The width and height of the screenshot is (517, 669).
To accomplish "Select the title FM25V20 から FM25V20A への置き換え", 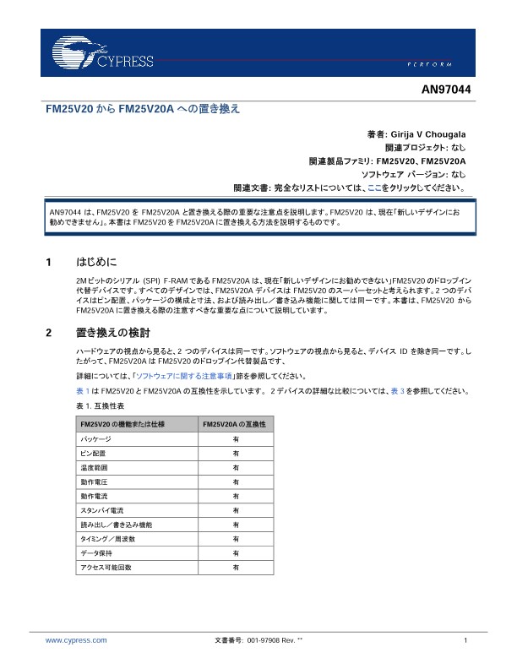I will click(x=143, y=110).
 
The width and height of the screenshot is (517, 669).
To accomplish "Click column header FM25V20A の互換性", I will click(x=235, y=424).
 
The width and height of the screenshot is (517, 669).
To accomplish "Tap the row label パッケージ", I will click(x=95, y=439).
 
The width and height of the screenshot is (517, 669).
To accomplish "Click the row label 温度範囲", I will click(x=94, y=468).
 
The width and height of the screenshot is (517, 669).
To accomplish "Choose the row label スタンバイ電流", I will click(x=102, y=511).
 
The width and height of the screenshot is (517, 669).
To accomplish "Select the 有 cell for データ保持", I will click(x=235, y=553).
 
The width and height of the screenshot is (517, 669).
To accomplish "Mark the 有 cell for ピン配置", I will click(x=235, y=454).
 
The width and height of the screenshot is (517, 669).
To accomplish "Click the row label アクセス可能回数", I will click(x=106, y=568).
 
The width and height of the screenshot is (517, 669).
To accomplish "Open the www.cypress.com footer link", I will click(x=76, y=641).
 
